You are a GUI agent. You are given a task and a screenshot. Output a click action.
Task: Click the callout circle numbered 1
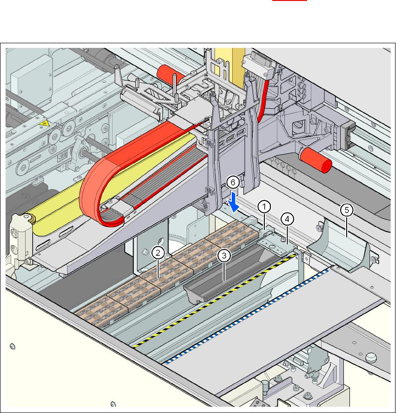click(264, 205)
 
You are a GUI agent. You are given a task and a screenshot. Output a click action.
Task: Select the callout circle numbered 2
click(159, 253)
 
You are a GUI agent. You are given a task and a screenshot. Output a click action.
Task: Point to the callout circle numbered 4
click(287, 218)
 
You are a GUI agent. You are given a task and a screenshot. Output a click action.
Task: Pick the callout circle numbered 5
click(346, 210)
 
